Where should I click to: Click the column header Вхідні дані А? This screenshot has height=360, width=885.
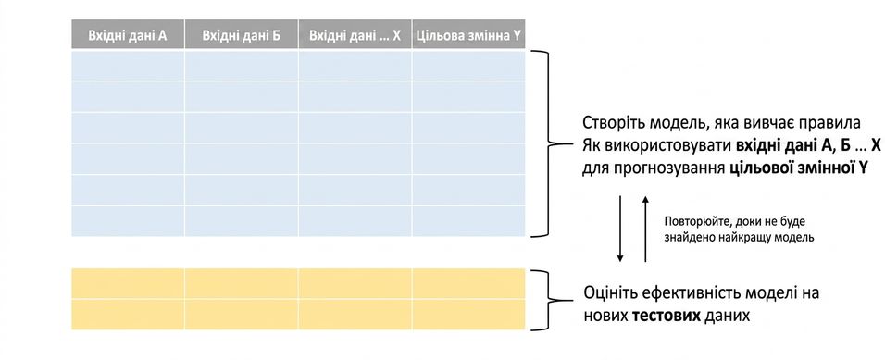tap(128, 35)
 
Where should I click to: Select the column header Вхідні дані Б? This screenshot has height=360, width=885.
tap(241, 35)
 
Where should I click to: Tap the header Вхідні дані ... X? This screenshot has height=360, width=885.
tap(355, 35)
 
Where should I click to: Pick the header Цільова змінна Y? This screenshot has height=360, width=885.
tap(468, 35)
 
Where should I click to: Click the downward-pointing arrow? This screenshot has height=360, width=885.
tap(620, 229)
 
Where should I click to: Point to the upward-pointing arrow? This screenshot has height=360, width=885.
tap(645, 229)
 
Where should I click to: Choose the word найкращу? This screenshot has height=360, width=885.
tap(752, 238)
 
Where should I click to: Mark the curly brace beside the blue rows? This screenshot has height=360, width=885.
tap(557, 143)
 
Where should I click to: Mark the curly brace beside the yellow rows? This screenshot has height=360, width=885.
tap(556, 300)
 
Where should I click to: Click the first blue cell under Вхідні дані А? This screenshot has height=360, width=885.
tap(128, 66)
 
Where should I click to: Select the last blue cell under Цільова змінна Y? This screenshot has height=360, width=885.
tap(468, 221)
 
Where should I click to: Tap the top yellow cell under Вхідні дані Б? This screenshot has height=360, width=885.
tap(241, 283)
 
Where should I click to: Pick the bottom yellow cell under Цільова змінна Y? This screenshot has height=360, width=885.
tap(468, 315)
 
